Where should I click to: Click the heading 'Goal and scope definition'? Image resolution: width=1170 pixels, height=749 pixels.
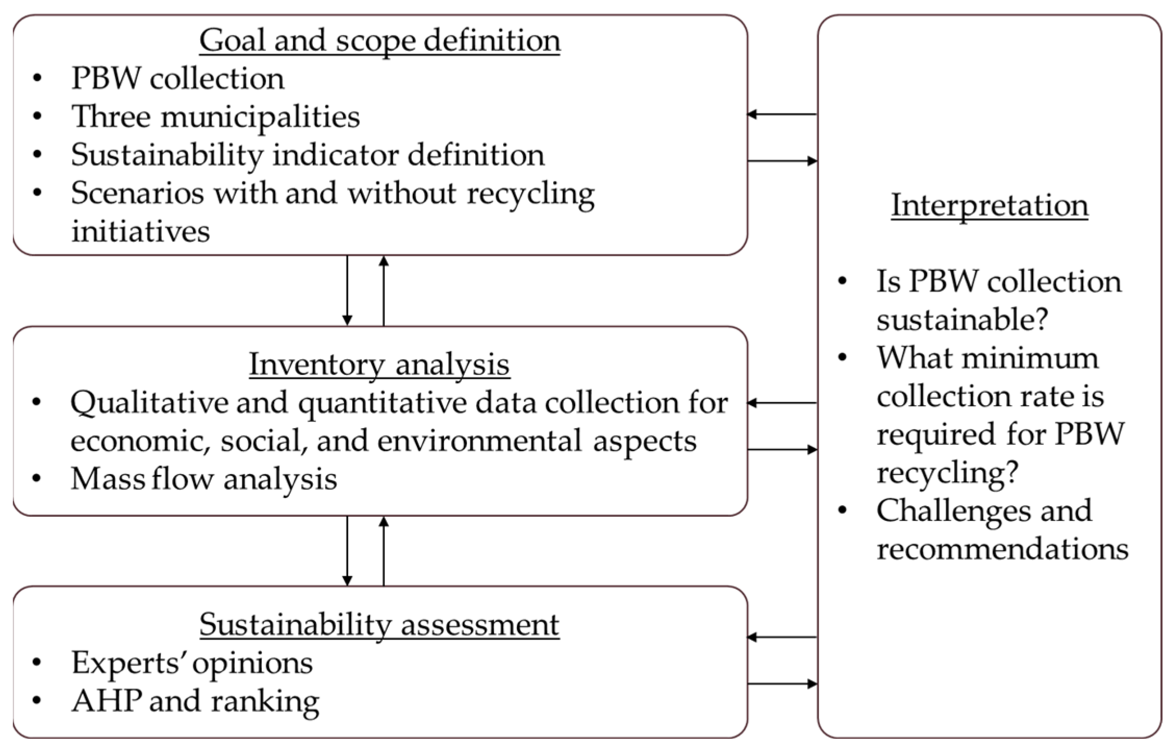coord(379,41)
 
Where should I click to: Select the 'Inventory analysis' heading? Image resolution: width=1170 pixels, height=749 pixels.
coord(379,364)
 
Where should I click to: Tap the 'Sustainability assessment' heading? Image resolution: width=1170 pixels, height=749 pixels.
coord(379,625)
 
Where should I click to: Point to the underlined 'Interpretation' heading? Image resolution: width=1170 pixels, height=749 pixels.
coord(989,205)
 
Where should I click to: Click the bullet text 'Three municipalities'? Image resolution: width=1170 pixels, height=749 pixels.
coord(215,117)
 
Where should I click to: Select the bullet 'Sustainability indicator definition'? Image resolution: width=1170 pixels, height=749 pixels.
coord(308,155)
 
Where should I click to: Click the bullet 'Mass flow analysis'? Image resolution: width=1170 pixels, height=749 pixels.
coord(204,479)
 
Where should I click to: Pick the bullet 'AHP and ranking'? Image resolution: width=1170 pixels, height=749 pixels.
coord(195,701)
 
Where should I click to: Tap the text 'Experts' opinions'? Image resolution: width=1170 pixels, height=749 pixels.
coord(192,663)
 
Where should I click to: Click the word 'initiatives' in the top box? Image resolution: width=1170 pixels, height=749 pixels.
coord(141,231)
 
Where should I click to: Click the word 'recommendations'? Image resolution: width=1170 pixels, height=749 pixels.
coord(1002,549)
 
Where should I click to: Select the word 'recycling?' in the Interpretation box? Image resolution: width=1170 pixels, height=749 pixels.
coord(947,472)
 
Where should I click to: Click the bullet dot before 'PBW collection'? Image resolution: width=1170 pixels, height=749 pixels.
coord(37,79)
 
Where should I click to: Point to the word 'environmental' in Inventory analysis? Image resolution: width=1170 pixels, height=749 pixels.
coord(479,441)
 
